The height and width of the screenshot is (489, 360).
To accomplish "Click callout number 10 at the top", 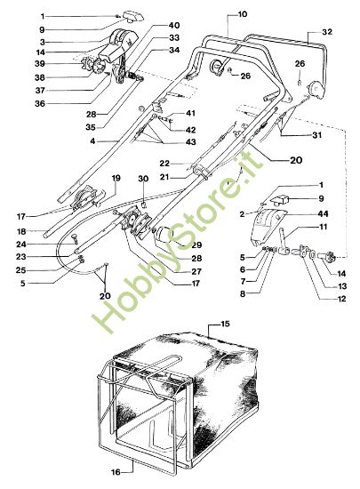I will (243, 15).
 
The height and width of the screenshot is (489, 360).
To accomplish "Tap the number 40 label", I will (173, 25).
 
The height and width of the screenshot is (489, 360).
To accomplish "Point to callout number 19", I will (116, 179).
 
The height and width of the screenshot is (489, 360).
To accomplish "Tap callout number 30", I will (142, 180).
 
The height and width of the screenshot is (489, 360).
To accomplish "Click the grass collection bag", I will (213, 391).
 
